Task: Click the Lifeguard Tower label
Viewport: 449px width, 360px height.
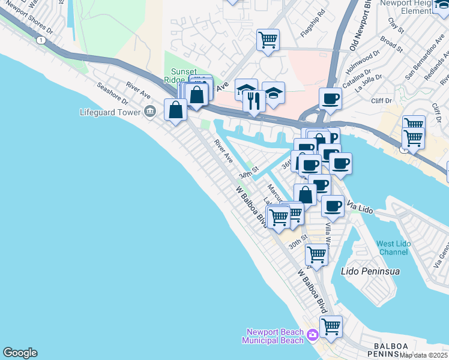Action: (x=109, y=112)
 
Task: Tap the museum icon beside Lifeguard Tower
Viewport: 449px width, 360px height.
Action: (x=150, y=112)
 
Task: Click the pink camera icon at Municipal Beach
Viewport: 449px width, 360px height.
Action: (x=312, y=335)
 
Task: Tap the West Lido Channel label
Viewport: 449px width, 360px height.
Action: (x=394, y=248)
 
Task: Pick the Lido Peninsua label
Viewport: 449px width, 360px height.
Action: (x=370, y=271)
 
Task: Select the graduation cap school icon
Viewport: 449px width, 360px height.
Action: (x=246, y=90)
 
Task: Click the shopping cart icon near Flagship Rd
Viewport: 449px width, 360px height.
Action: (x=268, y=40)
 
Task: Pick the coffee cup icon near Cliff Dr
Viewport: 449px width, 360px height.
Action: (x=330, y=98)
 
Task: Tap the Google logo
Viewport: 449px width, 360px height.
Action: (x=20, y=353)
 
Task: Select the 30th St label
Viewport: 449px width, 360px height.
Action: (x=297, y=242)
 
